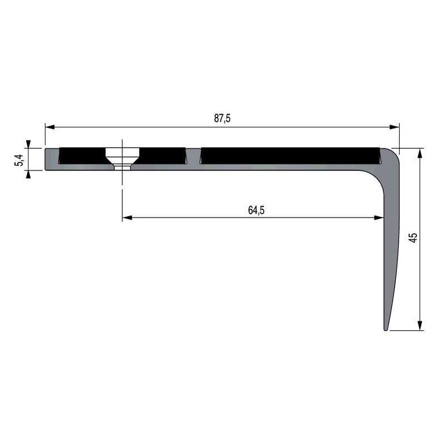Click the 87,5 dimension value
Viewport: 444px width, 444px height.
[221, 118]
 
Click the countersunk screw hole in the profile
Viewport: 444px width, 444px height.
[122, 158]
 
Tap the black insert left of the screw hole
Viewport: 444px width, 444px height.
[82, 155]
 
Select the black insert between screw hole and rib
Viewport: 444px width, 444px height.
[162, 155]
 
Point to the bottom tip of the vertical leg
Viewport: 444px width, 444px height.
[386, 328]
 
